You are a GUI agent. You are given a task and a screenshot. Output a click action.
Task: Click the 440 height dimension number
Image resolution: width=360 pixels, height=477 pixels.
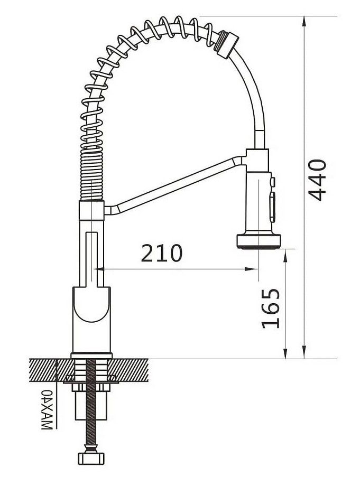coord(317,180)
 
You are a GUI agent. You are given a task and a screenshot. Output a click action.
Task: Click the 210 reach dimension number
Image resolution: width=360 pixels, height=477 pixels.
coord(162,253)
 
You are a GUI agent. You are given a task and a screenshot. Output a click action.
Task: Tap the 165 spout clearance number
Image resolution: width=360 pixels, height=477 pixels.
coord(271,308)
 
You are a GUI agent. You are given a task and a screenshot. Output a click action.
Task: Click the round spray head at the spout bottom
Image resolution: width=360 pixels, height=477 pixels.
coord(259,241)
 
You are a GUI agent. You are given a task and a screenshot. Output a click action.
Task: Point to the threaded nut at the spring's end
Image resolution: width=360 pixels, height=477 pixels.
coord(228,44)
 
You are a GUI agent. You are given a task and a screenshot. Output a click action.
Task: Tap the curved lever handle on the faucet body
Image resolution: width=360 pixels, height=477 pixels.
coord(91,304)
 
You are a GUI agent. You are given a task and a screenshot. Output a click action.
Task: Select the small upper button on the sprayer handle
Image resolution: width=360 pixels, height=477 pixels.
coord(273,182)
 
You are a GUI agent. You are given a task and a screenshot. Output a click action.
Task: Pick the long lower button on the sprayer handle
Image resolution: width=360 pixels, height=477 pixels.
coord(273,207)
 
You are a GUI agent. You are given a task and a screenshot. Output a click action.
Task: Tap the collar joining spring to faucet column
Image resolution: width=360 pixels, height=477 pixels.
coord(91,211)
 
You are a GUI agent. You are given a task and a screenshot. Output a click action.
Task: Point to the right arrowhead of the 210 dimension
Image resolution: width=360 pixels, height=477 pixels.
coord(252,269)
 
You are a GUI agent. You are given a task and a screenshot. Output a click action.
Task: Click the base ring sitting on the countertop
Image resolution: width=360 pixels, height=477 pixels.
coord(91,355)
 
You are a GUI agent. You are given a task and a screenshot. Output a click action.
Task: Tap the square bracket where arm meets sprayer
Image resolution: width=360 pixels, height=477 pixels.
coord(257,161)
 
